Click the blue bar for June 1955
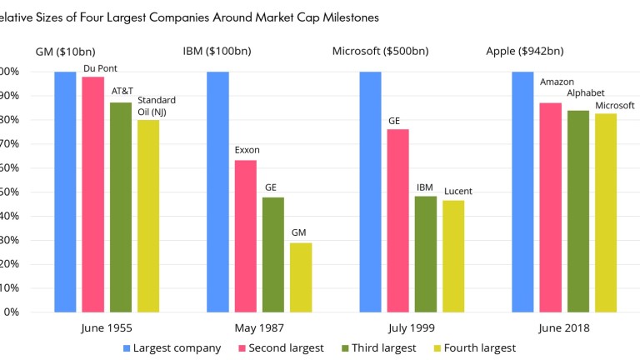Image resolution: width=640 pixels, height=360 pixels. (65, 192)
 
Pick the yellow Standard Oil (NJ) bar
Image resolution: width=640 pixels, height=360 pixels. (148, 216)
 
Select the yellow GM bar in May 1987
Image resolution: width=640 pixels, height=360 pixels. (301, 277)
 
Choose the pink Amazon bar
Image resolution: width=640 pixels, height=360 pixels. (550, 207)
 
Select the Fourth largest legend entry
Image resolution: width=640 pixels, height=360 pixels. (474, 347)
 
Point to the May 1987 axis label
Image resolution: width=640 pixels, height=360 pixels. (258, 327)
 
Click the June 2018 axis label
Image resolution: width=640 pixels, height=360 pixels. (564, 327)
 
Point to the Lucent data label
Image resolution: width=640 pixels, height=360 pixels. (457, 192)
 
